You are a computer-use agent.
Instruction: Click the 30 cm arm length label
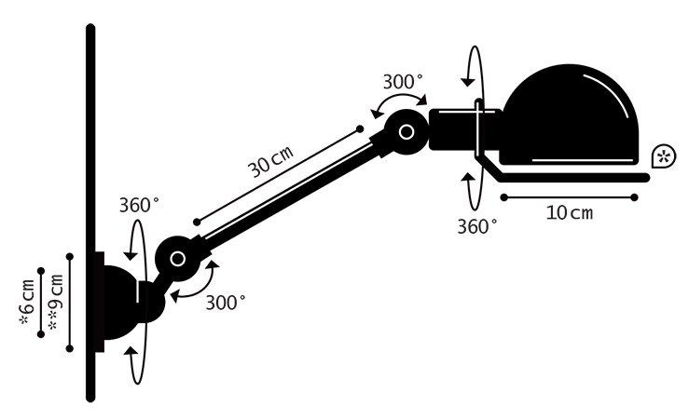point(270,161)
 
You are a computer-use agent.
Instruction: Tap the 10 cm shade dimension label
point(570,213)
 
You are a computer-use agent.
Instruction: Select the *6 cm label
point(27,303)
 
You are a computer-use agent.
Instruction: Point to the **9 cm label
point(55,302)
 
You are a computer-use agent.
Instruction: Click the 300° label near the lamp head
point(403,82)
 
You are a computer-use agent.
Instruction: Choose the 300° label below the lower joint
point(226,303)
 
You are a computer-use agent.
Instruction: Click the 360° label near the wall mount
point(139,205)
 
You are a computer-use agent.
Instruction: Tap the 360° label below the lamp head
point(477,226)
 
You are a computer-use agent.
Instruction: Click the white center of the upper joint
point(406,131)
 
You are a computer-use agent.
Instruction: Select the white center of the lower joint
point(177,259)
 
